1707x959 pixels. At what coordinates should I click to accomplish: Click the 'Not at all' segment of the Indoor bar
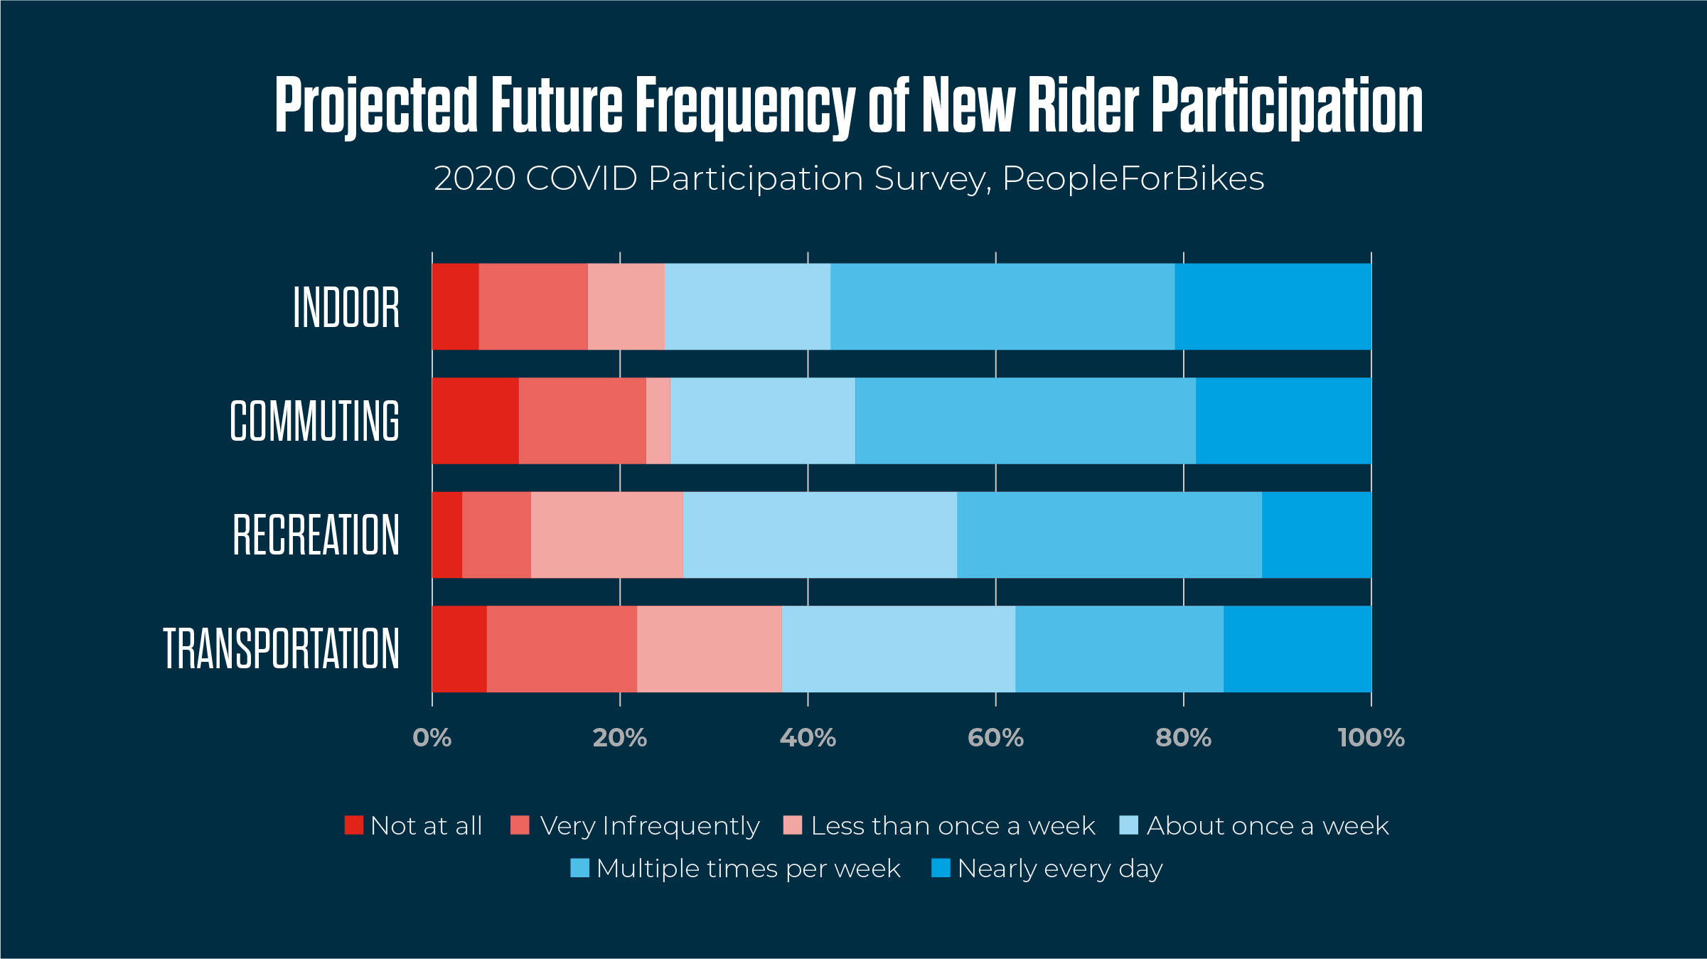[x=456, y=306]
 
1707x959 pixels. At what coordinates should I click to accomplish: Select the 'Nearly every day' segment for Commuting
[x=1283, y=421]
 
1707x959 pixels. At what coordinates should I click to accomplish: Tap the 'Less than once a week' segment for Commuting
[x=658, y=421]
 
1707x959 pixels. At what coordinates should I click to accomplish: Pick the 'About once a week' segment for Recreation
[x=820, y=535]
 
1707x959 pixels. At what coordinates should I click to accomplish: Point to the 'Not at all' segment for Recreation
[x=447, y=535]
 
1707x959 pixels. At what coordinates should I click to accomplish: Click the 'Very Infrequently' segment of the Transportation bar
[x=562, y=649]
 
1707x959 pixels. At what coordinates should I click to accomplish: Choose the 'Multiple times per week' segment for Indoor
[x=1002, y=306]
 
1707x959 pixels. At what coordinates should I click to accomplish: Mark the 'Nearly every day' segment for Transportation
[x=1297, y=649]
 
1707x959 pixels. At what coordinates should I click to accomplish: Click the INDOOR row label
[x=346, y=307]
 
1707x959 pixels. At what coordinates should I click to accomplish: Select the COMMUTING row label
[x=314, y=421]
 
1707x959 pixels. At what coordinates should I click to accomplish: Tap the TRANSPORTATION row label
[x=282, y=648]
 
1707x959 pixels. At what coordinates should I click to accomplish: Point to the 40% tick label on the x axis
[x=808, y=738]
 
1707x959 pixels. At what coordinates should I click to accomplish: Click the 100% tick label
[x=1371, y=738]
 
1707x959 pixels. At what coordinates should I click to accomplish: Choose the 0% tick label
[x=432, y=738]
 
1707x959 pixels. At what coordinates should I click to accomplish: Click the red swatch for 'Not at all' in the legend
[x=354, y=825]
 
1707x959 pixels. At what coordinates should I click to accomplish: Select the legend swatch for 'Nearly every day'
[x=941, y=868]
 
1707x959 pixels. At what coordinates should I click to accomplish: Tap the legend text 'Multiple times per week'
[x=749, y=869]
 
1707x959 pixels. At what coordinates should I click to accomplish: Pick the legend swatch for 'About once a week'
[x=1128, y=825]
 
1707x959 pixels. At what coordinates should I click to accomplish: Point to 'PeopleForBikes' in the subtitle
[x=1133, y=178]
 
